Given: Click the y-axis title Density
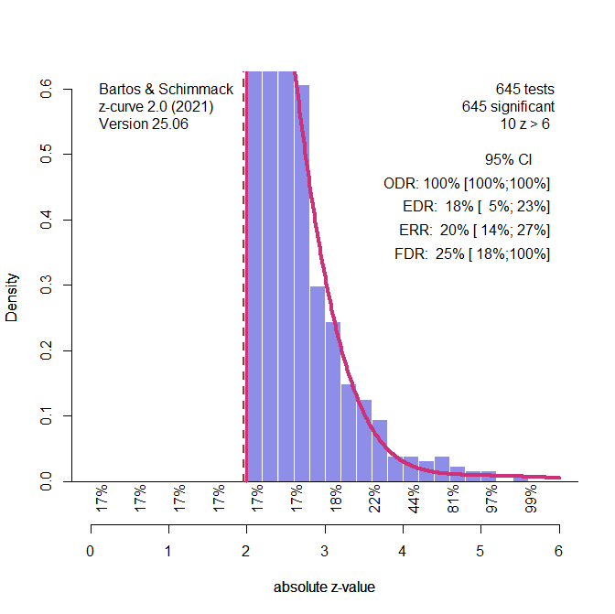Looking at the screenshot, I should coord(12,296).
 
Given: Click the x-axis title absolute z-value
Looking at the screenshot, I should coord(324,587).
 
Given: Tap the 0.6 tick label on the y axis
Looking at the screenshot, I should coord(46,90).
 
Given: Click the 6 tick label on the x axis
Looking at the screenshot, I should coord(558,551).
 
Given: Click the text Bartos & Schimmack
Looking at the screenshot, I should coord(166,90).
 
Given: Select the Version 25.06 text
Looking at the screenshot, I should coord(143,124).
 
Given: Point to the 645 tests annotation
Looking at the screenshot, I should coord(524,90).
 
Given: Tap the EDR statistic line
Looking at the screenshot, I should coord(476,206).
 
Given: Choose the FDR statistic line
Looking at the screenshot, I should coord(471,253).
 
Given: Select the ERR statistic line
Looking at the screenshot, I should coord(474,230).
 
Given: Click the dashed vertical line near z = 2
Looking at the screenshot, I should coord(243,275).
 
